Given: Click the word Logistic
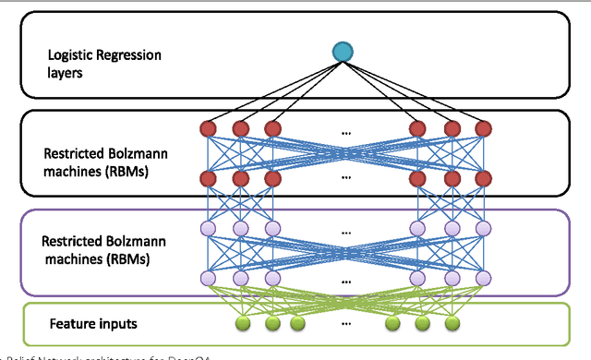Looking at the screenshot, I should click(x=73, y=55).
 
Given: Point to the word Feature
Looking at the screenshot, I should click(x=72, y=324).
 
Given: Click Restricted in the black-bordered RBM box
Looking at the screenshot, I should click(x=71, y=153).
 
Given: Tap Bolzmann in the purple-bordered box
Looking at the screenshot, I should click(x=132, y=241).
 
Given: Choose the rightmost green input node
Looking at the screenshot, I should click(x=452, y=324).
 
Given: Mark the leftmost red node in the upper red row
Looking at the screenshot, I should click(x=210, y=127).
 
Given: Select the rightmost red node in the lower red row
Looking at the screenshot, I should click(x=480, y=177).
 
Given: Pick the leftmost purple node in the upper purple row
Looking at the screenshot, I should click(x=210, y=227).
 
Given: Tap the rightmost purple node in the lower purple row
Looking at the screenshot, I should click(x=480, y=276).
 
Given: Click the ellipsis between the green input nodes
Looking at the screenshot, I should click(x=345, y=323).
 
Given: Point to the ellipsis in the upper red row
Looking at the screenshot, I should click(x=345, y=131).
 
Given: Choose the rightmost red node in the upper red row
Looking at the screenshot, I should click(x=480, y=127).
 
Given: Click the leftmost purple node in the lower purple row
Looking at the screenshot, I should click(x=210, y=276).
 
